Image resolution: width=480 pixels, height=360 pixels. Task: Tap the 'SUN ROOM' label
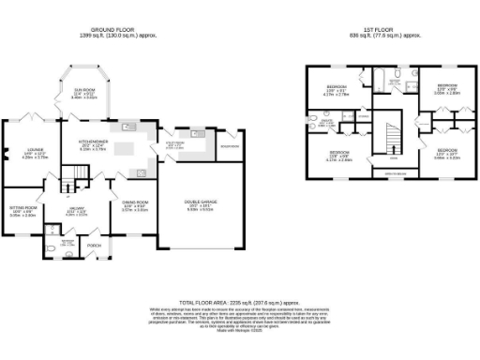pos(87,93)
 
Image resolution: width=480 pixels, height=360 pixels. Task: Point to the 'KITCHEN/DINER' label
pos(94,144)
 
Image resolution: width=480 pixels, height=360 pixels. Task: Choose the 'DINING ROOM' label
pos(137,203)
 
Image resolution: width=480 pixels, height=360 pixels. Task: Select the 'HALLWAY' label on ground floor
pos(77,210)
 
